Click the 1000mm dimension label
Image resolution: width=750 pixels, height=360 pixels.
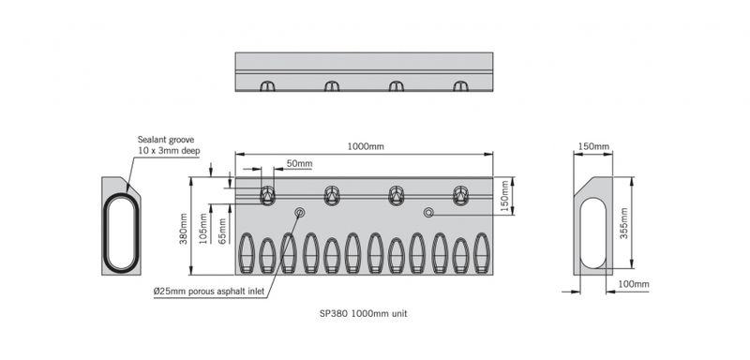tap(366, 147)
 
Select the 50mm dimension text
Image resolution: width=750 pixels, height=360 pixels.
tap(299, 164)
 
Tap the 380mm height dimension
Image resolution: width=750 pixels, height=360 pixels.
tap(185, 226)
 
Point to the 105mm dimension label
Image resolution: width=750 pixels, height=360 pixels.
tap(204, 229)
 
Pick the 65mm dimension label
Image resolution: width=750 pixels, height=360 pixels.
tap(222, 232)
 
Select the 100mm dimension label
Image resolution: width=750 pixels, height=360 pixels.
tap(634, 284)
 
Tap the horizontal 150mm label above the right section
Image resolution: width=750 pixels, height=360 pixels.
tap(593, 147)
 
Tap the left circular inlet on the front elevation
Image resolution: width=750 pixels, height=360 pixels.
tap(300, 213)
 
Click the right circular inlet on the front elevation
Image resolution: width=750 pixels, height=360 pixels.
tap(428, 213)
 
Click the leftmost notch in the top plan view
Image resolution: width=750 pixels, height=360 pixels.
tap(267, 86)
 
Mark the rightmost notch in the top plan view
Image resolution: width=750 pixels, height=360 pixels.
tap(460, 86)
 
